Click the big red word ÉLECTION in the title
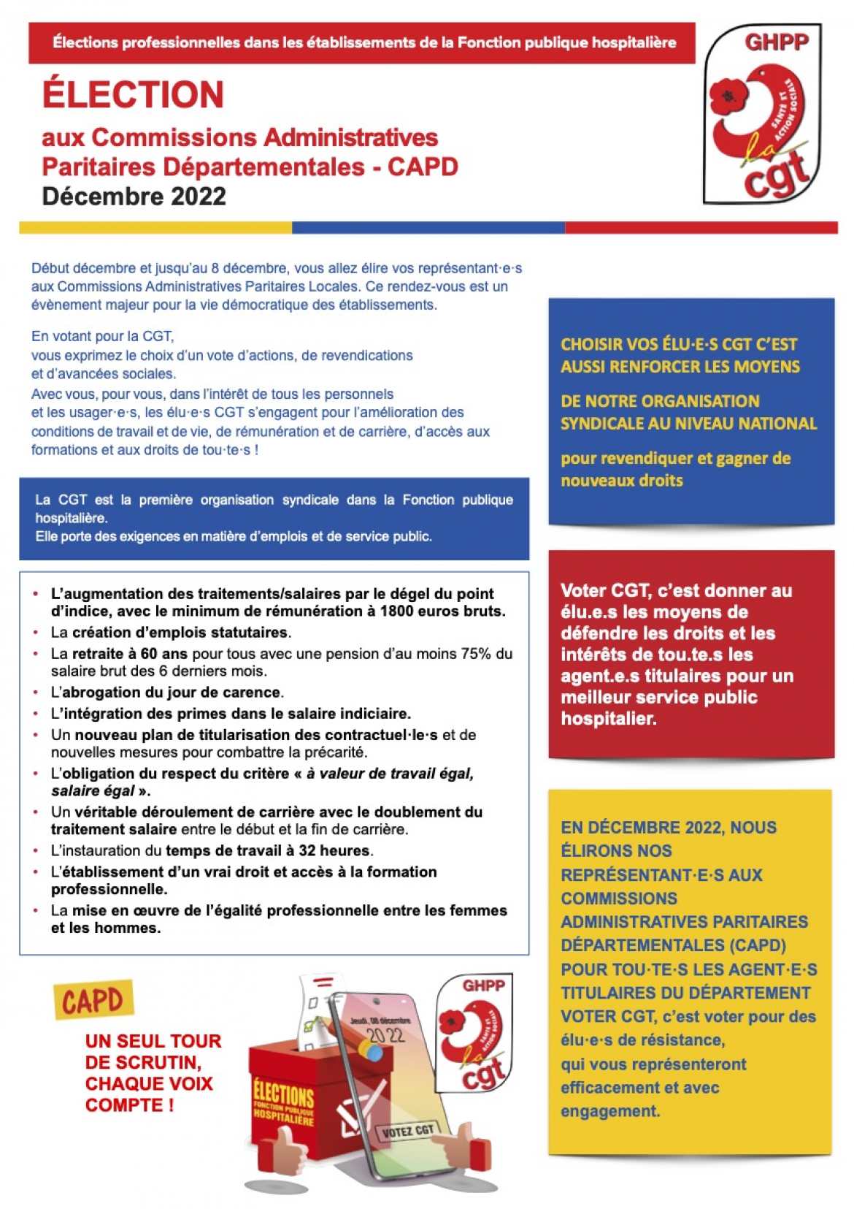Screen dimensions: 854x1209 [133, 95]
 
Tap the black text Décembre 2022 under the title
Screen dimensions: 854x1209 [134, 197]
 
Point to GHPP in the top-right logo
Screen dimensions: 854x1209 [777, 42]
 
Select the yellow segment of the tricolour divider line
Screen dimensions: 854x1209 [155, 228]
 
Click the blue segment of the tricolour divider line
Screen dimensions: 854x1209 [428, 228]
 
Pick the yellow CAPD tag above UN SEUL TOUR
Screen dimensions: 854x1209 [93, 1000]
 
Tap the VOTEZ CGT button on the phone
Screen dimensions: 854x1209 [409, 1131]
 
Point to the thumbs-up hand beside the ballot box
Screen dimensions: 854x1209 [282, 1154]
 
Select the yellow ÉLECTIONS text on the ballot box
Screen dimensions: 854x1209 [283, 1095]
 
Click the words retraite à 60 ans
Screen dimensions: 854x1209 [129, 654]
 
